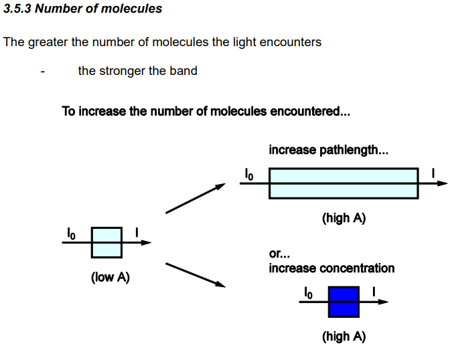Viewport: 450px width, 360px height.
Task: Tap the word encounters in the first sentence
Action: (x=289, y=42)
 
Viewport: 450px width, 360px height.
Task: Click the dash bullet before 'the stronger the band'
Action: (x=42, y=72)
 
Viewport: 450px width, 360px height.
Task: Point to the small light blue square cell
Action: (x=106, y=242)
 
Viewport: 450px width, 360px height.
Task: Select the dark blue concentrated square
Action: (x=344, y=301)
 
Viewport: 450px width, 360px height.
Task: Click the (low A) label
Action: (x=110, y=277)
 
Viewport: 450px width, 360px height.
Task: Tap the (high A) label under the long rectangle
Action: (x=344, y=218)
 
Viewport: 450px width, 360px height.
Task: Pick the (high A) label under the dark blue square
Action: (x=344, y=337)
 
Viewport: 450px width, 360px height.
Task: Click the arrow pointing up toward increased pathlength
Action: (x=195, y=199)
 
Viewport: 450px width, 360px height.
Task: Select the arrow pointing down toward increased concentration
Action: (x=195, y=274)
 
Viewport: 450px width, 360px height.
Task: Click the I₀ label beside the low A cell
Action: (x=71, y=232)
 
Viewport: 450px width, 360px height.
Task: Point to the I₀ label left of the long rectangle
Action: (x=248, y=175)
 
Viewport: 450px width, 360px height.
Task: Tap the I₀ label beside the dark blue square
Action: (x=308, y=292)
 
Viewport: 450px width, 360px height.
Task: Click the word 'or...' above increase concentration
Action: (x=278, y=254)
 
